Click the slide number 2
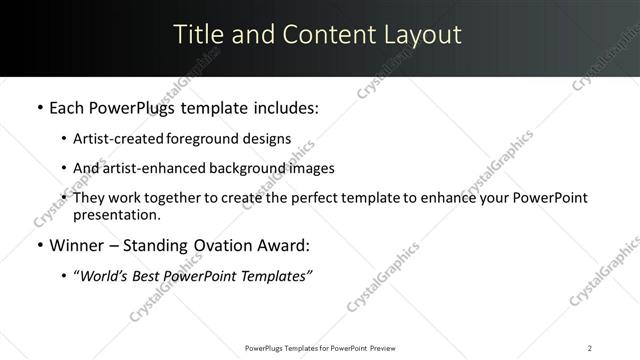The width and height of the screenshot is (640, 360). tap(590, 347)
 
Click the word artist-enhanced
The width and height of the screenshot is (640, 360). tap(144, 168)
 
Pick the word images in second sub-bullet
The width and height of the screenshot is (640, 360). tap(311, 168)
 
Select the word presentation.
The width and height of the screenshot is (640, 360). tap(117, 215)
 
